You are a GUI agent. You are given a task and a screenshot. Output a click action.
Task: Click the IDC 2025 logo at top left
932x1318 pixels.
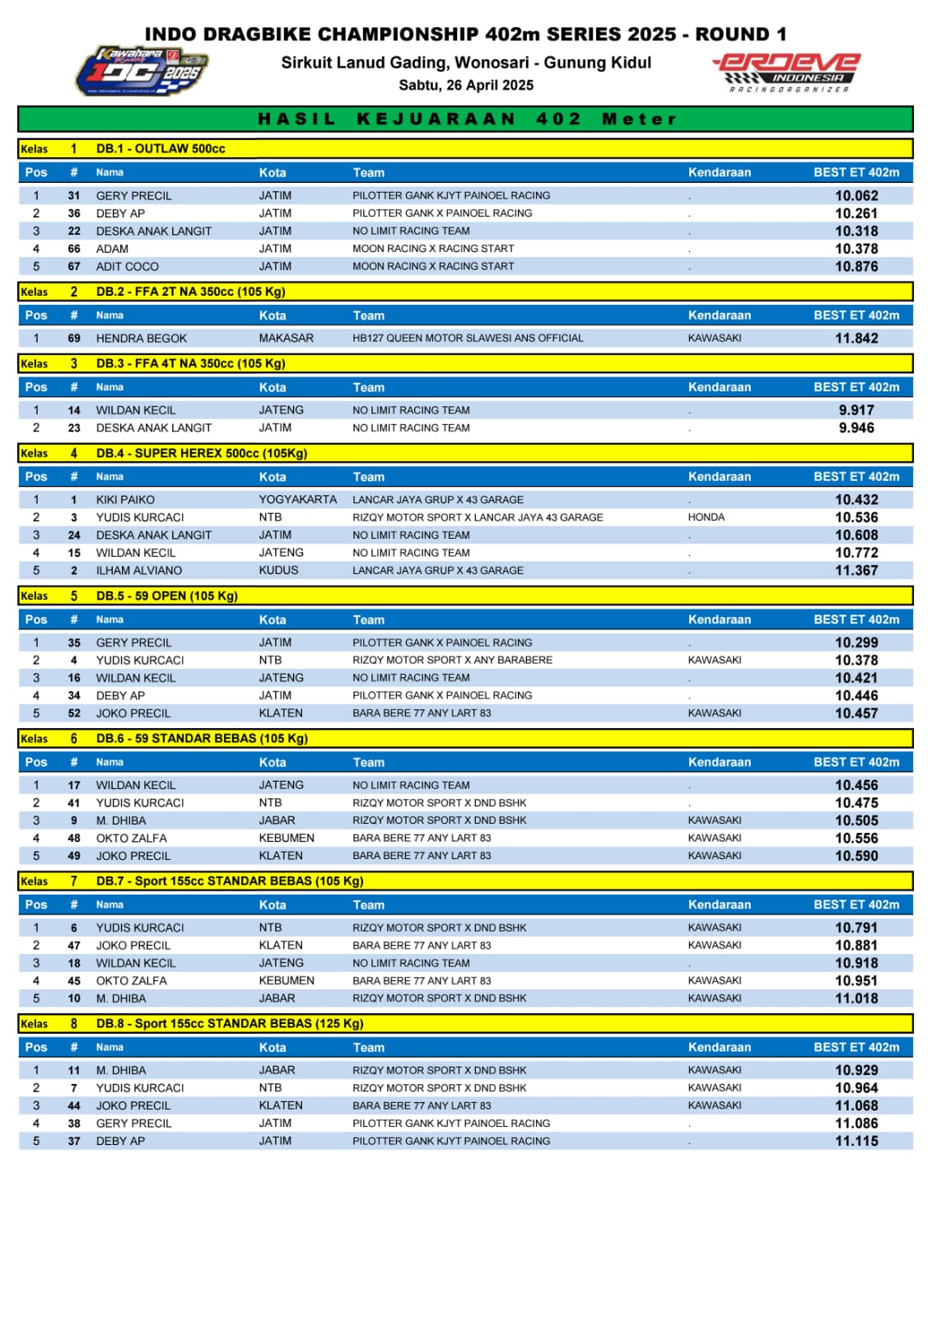141,71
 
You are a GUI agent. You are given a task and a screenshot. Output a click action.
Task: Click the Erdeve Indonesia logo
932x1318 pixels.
787,72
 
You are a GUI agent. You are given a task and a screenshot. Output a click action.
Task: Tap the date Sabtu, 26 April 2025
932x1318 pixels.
466,85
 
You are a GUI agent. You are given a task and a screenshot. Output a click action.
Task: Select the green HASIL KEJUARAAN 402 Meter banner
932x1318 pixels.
466,119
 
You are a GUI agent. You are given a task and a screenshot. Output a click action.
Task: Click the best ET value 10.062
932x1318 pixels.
856,196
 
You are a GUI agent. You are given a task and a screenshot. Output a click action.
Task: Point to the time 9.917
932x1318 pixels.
856,410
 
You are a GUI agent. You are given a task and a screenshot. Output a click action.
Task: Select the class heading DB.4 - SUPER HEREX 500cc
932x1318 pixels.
202,453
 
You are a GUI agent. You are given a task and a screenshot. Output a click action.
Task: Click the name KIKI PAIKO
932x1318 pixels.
125,500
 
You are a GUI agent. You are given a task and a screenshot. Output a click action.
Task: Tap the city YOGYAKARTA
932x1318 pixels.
297,499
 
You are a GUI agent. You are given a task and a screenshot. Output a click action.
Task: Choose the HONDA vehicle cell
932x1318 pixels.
706,517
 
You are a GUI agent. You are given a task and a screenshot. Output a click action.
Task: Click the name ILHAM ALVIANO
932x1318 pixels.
139,571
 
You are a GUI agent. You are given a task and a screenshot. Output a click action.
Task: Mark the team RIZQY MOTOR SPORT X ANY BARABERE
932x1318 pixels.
452,660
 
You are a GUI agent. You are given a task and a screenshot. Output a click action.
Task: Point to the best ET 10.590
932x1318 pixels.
856,856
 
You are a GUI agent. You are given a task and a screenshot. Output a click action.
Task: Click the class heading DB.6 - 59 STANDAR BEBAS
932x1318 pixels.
202,738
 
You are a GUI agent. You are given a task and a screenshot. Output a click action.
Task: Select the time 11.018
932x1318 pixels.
856,998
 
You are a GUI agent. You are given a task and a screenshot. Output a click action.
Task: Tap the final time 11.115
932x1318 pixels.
856,1141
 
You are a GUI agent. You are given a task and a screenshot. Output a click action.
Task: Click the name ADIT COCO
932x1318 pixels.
128,267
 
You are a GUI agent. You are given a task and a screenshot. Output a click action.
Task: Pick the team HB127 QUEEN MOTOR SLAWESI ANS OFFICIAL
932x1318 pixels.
468,339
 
